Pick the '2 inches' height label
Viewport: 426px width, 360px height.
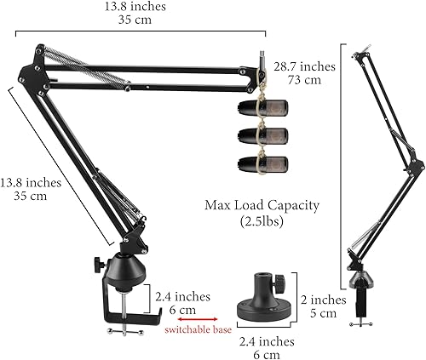325,300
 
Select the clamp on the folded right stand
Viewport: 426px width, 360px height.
364,299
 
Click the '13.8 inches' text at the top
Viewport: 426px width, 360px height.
142,7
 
